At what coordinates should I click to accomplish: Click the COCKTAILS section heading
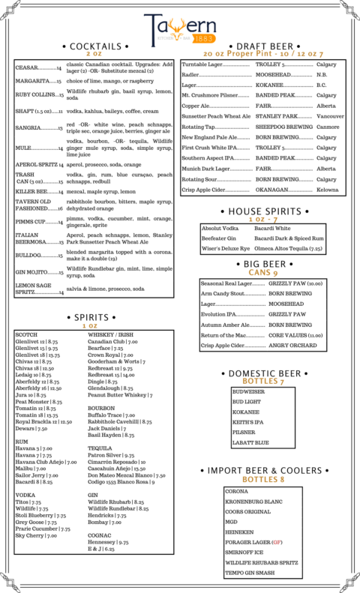click(x=94, y=46)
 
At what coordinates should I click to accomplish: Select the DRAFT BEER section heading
click(x=262, y=46)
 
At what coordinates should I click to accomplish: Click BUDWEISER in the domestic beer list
click(x=248, y=391)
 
